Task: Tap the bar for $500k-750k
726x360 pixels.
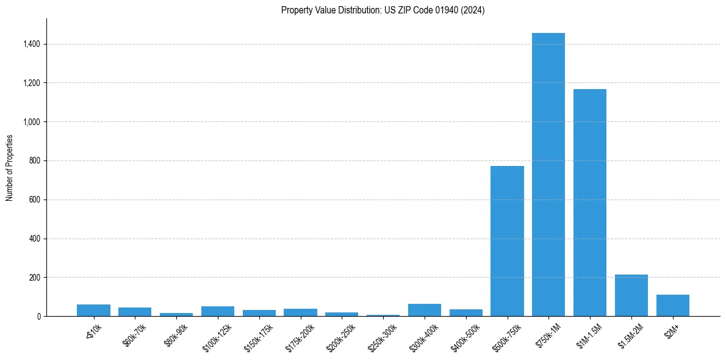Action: (507, 241)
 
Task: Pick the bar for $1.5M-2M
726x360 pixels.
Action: (631, 295)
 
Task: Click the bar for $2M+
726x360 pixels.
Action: (672, 306)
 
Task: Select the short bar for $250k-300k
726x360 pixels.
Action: (383, 315)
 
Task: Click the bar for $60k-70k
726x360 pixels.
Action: (135, 312)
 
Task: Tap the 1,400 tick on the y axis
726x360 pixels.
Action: (32, 44)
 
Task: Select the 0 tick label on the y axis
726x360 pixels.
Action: (39, 317)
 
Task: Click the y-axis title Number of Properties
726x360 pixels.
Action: (10, 168)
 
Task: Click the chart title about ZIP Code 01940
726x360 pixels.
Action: (383, 10)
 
